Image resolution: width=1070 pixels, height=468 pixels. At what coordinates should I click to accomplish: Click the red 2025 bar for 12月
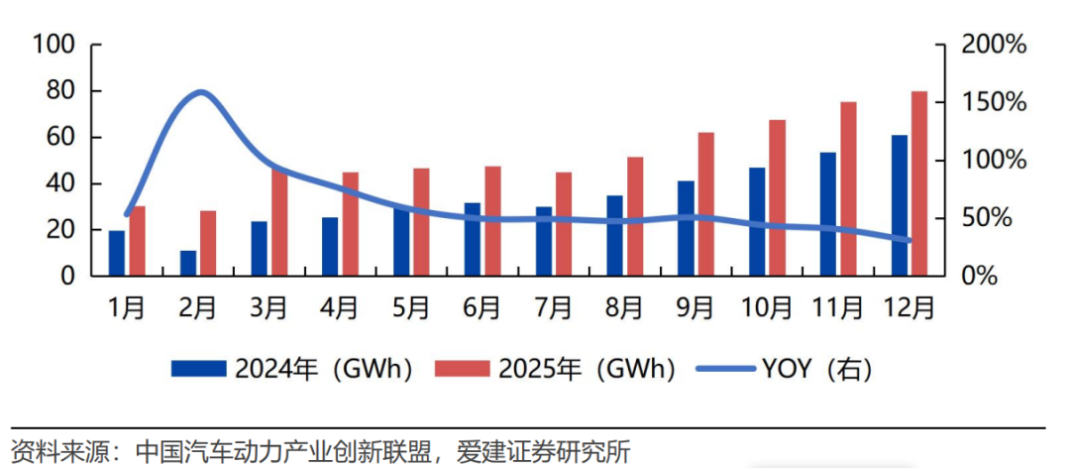pos(918,183)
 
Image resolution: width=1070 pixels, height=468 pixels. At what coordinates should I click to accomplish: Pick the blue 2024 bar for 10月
pos(757,221)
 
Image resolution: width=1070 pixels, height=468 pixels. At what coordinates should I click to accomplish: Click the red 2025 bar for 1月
pos(138,241)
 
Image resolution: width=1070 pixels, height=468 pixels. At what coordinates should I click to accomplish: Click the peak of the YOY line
pos(200,93)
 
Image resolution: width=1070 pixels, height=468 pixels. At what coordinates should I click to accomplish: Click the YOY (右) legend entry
pos(784,369)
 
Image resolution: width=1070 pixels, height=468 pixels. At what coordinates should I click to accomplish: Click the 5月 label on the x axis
pos(410,308)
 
